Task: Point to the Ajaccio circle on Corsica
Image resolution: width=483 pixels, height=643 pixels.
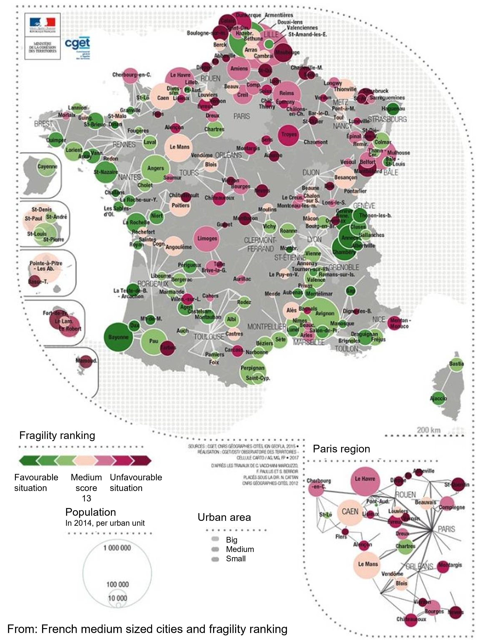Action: tap(438, 398)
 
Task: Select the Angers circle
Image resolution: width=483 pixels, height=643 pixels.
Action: tap(155, 168)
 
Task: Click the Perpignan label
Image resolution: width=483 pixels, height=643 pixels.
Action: tap(252, 368)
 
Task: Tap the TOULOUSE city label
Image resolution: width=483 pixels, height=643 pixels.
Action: tap(209, 337)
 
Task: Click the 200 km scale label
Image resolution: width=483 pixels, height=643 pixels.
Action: tap(429, 430)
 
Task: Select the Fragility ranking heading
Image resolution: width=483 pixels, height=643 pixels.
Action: tap(57, 435)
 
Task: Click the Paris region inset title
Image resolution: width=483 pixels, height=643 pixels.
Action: tap(341, 449)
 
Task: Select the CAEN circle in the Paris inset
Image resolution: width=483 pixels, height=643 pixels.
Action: tap(350, 512)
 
